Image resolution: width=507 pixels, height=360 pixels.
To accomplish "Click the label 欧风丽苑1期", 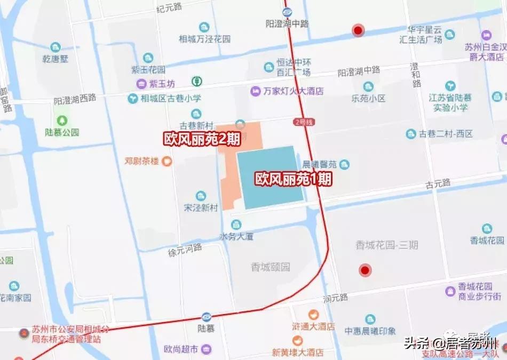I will pyautogui.click(x=293, y=179).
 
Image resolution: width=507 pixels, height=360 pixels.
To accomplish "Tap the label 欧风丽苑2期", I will pyautogui.click(x=202, y=138).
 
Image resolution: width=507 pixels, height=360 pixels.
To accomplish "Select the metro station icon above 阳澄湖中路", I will pyautogui.click(x=288, y=13).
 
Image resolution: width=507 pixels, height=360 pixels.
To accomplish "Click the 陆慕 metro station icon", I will pyautogui.click(x=207, y=317).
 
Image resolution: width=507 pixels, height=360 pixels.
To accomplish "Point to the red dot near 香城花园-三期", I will pyautogui.click(x=365, y=270).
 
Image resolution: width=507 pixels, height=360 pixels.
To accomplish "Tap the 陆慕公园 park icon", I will pyautogui.click(x=63, y=120).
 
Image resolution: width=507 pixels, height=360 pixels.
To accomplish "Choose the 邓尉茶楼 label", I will pyautogui.click(x=141, y=161).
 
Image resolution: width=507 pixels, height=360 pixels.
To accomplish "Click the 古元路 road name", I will pyautogui.click(x=438, y=183).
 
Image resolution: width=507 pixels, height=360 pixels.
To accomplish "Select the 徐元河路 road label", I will pyautogui.click(x=185, y=250).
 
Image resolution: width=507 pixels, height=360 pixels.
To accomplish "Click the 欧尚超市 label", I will pyautogui.click(x=181, y=349).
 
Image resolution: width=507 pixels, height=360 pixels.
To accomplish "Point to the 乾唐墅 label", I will pyautogui.click(x=56, y=59).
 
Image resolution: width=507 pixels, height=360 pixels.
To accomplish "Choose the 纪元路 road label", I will pyautogui.click(x=169, y=9).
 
